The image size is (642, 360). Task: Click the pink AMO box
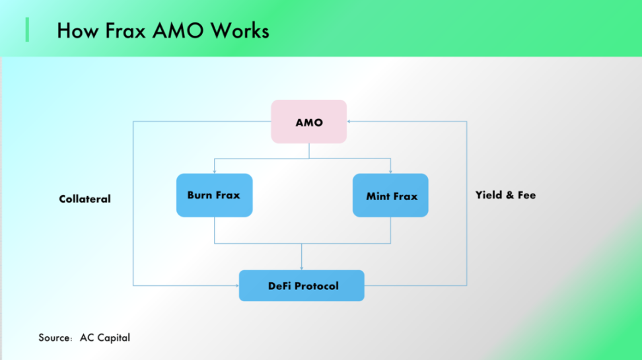[x=308, y=122]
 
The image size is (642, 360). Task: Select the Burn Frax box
[x=214, y=195]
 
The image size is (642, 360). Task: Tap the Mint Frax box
[x=390, y=196]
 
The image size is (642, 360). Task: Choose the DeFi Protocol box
[x=301, y=285]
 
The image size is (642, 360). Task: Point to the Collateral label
[x=85, y=199]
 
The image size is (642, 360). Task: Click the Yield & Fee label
[x=505, y=195]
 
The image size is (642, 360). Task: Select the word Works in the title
[x=238, y=30]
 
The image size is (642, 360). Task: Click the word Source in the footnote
[x=54, y=338]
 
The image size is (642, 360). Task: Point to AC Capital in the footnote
[x=105, y=338]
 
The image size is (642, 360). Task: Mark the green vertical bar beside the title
[x=27, y=30]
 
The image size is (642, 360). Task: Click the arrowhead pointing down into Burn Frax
[x=214, y=171]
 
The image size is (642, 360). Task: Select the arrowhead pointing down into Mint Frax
[x=390, y=171]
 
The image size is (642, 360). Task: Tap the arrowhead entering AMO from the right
[x=350, y=122]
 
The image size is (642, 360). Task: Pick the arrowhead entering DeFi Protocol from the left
[x=236, y=285]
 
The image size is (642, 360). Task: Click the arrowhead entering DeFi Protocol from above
[x=302, y=267]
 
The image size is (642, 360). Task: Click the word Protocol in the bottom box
[x=316, y=285]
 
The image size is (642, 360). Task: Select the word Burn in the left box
[x=199, y=195]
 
